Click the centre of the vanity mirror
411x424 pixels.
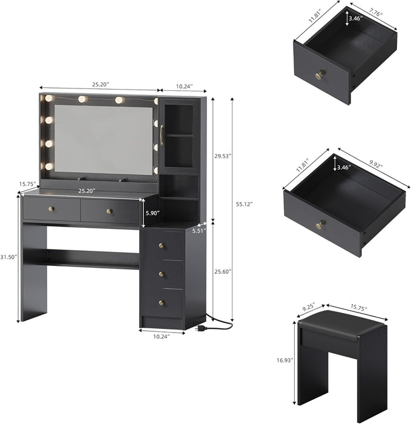point(104,139)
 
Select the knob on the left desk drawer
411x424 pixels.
point(51,209)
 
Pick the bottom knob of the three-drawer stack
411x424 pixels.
point(162,302)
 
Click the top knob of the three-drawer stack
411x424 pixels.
point(162,245)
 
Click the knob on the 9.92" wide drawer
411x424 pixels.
point(318,225)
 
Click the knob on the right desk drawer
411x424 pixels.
point(110,211)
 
